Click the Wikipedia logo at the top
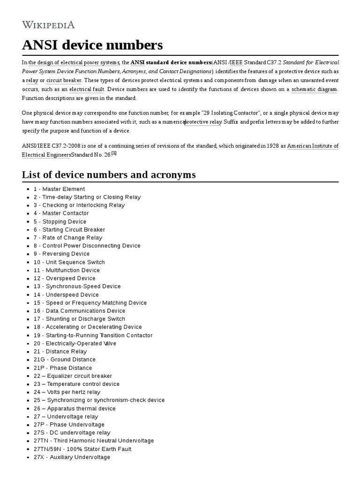pos(48,25)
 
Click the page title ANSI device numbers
pos(92,45)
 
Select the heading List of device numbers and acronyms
pos(109,175)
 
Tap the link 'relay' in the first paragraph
pos(32,80)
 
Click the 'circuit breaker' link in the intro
pos(64,80)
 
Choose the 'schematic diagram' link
pos(314,89)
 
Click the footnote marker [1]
pos(113,153)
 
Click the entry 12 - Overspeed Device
pos(64,278)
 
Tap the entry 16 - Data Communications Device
pos(79,311)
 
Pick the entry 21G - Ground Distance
pos(64,360)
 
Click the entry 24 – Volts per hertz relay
pos(67,392)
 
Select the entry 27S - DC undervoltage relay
pos(72,433)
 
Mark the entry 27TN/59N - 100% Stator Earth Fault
pos(82,449)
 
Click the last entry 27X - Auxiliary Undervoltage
pos(72,457)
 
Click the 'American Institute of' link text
pos(313,146)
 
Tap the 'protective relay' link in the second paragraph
pos(203,122)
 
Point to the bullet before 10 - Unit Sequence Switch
pos(29,262)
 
